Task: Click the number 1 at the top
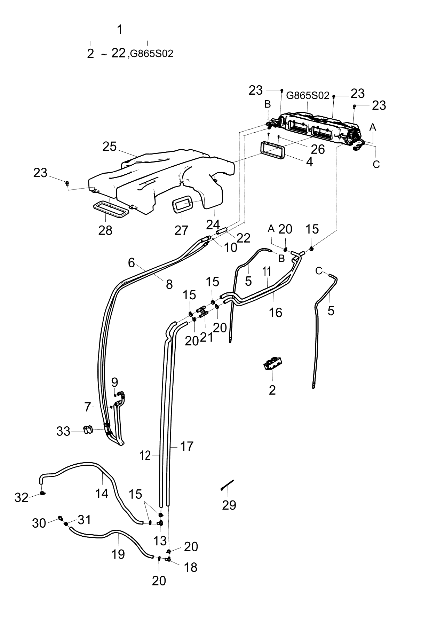[120, 30]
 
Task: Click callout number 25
[109, 147]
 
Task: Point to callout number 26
[318, 149]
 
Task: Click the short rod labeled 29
[227, 485]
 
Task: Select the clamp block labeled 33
[89, 430]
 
